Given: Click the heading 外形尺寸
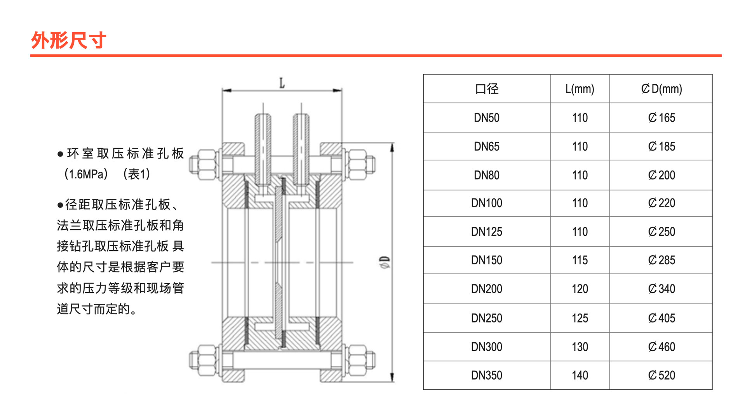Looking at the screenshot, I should coord(68,40).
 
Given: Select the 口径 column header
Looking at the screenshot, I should coord(487,89).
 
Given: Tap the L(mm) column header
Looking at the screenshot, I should coord(580,89).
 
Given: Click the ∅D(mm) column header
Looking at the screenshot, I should coord(661,89).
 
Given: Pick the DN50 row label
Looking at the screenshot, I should coord(487,118).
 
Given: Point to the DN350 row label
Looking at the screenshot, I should coord(487,375).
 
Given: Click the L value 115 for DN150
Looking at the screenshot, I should coord(580,260).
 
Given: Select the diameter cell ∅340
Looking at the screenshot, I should coord(661,289).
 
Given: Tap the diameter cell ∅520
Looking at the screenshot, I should coord(661,375).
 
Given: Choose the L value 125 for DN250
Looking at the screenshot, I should coord(580,318).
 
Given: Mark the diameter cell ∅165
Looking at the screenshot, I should coord(661,118).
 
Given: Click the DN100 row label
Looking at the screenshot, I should coord(487,203).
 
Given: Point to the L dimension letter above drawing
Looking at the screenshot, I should coord(282,83).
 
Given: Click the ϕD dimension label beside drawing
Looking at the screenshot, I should coord(385,263).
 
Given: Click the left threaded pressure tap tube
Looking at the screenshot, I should coord(263,148).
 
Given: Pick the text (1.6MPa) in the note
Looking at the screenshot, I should coord(86,174).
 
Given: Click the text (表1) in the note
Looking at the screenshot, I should coord(136,174).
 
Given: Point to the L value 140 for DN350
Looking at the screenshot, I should coord(580,375).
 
